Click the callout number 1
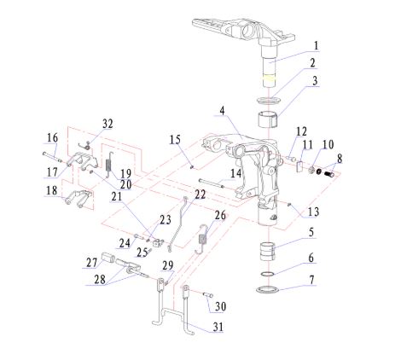pyautogui.click(x=316, y=46)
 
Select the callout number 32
pyautogui.click(x=108, y=124)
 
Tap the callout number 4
pyautogui.click(x=222, y=111)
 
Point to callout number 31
pyautogui.click(x=218, y=328)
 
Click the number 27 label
pyautogui.click(x=91, y=263)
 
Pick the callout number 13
pyautogui.click(x=313, y=212)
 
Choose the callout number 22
pyautogui.click(x=200, y=195)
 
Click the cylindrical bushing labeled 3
pyautogui.click(x=268, y=119)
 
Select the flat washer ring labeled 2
pyautogui.click(x=269, y=100)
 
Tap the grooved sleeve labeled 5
pyautogui.click(x=268, y=251)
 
